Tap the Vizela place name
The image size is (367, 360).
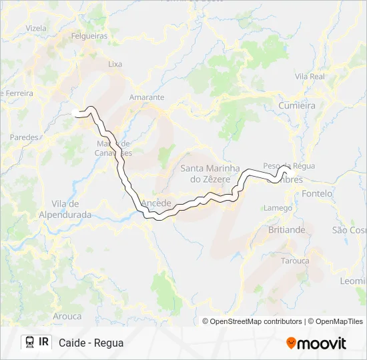(x=36, y=29)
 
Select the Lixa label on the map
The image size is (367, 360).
(x=115, y=65)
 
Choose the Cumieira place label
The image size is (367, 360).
(x=297, y=105)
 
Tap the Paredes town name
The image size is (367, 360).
(x=24, y=137)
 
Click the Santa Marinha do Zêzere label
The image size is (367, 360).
(x=206, y=174)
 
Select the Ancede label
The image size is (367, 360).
(x=157, y=203)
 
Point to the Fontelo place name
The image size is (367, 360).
(x=317, y=193)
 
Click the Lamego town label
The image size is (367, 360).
(x=278, y=208)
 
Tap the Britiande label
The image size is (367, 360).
(x=286, y=229)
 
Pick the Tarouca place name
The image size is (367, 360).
(x=295, y=261)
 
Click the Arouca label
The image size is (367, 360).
(x=67, y=316)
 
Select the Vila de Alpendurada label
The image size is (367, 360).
(x=65, y=209)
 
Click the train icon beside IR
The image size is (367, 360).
(x=30, y=342)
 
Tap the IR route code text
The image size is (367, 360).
(x=44, y=342)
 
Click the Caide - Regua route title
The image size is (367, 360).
(x=91, y=343)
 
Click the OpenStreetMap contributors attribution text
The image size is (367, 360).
(x=256, y=321)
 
